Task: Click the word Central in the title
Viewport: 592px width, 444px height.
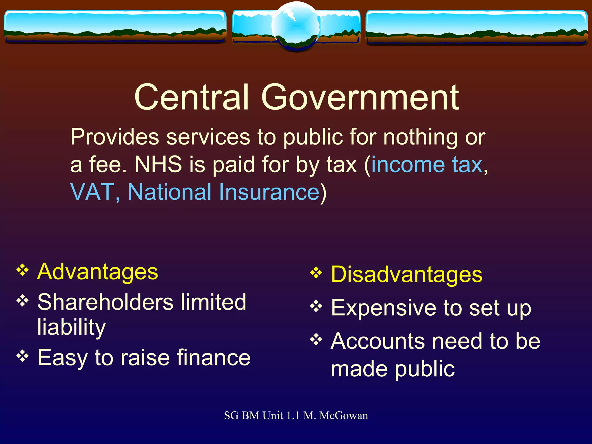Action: coord(191,97)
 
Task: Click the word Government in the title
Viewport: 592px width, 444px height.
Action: coord(360,97)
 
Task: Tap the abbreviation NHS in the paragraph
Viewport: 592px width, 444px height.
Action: coord(158,164)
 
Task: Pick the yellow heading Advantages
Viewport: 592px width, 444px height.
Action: coord(98,272)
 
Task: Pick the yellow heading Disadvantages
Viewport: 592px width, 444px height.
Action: coord(406,274)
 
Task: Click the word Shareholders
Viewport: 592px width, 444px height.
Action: coord(105,302)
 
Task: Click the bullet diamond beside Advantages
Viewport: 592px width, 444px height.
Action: coord(23,271)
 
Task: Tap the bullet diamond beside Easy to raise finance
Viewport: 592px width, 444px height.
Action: coord(23,356)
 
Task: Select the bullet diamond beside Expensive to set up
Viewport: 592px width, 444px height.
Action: coord(316,306)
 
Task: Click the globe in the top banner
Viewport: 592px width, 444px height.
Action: coord(296,27)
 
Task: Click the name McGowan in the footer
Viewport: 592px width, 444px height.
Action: coord(343,416)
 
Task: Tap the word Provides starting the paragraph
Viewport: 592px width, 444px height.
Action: coord(114,137)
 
